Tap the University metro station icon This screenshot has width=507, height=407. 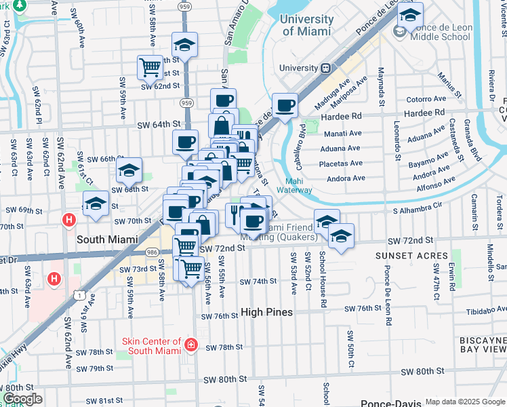pyautogui.click(x=326, y=68)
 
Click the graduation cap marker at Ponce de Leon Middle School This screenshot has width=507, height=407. pyautogui.click(x=409, y=14)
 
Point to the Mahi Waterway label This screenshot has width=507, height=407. pyautogui.click(x=294, y=186)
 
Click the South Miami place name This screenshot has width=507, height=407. pyautogui.click(x=107, y=239)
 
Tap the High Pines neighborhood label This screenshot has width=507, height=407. pyautogui.click(x=267, y=312)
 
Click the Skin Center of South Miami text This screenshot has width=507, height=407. pyautogui.click(x=152, y=346)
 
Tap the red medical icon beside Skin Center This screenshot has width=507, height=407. pyautogui.click(x=191, y=346)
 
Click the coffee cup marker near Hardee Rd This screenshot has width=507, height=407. pyautogui.click(x=285, y=105)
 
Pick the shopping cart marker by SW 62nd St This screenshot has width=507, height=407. pyautogui.click(x=149, y=67)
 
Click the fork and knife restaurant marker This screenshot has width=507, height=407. pyautogui.click(x=234, y=215)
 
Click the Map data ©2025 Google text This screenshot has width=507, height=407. pyautogui.click(x=464, y=402)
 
